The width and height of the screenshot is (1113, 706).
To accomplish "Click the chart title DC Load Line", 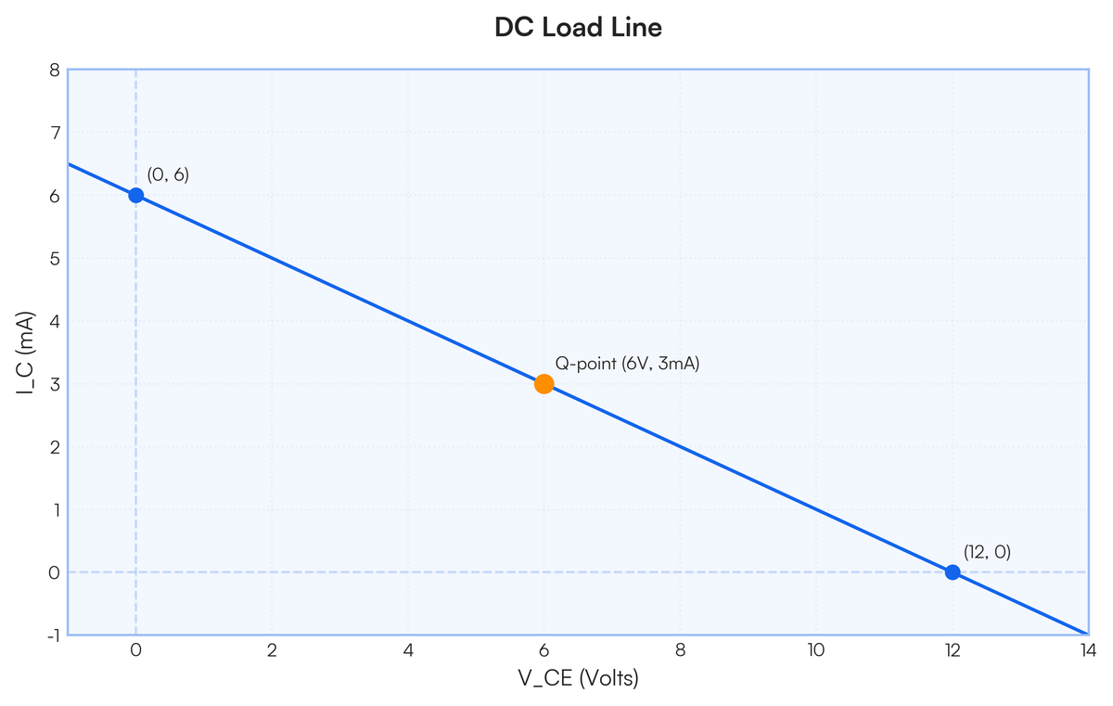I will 578,28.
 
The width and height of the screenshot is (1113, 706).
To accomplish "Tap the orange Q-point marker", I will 544,384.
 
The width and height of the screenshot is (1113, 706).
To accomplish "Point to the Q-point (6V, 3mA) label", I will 627,364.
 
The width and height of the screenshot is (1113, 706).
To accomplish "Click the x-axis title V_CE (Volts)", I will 578,679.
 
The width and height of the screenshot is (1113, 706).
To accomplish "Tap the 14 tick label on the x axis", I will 1088,650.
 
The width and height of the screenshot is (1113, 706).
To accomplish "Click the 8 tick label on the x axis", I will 680,650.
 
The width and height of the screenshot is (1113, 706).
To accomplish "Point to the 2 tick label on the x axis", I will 272,650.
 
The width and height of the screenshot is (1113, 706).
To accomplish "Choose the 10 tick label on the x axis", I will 816,650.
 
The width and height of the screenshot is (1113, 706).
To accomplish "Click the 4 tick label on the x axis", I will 408,650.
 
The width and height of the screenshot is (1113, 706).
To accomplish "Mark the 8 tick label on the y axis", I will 54,70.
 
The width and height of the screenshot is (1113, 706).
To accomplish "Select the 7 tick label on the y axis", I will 54,133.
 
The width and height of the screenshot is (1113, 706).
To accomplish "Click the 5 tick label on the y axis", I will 54,258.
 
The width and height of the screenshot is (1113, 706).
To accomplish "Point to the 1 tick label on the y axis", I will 54,509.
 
